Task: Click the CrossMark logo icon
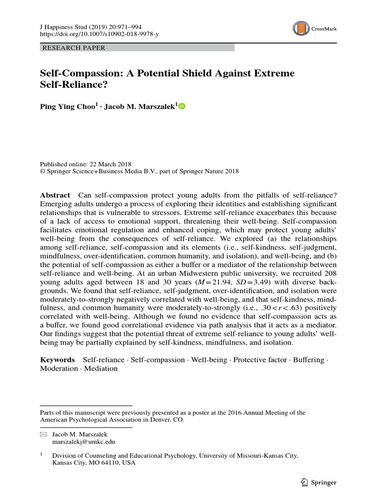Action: (301, 29)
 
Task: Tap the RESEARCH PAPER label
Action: (74, 48)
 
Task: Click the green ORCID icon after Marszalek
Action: (182, 106)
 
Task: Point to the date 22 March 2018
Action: (109, 164)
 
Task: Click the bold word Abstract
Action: (55, 195)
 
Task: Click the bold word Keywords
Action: (57, 360)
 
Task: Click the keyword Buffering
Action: (309, 360)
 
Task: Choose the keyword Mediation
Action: (101, 369)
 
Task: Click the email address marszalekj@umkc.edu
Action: (81, 441)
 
